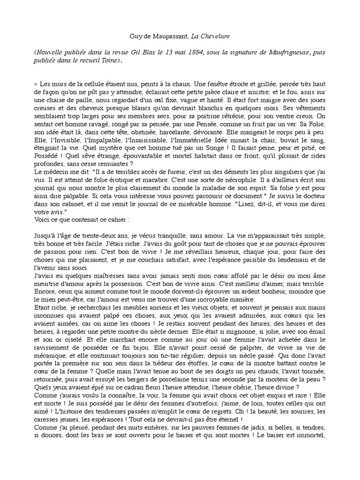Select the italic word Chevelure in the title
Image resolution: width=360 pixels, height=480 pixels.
tap(220, 37)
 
